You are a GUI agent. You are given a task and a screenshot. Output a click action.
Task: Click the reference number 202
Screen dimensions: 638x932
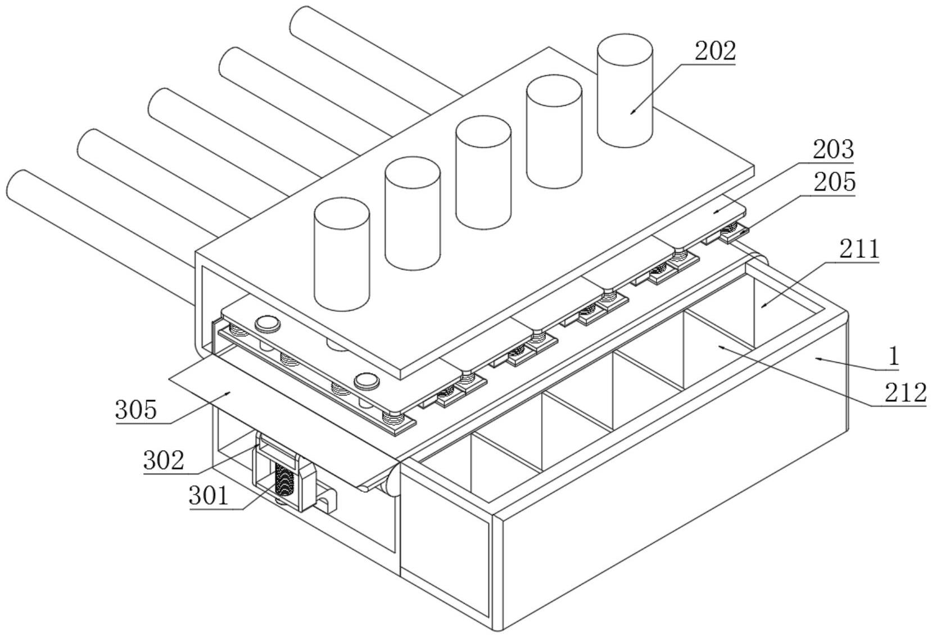[715, 51]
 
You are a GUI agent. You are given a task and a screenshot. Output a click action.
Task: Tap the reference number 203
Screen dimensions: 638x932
[833, 150]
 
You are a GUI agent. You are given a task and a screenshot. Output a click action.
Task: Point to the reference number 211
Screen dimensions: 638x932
[859, 248]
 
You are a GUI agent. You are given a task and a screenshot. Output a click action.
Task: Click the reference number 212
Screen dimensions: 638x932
[906, 392]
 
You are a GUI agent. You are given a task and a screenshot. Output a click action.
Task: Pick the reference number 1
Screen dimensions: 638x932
[893, 356]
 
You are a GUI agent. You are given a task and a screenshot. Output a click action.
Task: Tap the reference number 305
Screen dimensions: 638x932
[136, 410]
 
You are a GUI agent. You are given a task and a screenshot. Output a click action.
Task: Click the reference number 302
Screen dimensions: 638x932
[164, 461]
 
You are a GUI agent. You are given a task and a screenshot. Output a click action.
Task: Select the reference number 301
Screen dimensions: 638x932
[209, 496]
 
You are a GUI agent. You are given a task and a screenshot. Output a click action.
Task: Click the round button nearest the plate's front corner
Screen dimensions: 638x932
[367, 381]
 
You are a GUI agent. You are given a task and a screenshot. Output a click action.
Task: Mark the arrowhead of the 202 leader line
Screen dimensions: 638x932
[632, 112]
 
